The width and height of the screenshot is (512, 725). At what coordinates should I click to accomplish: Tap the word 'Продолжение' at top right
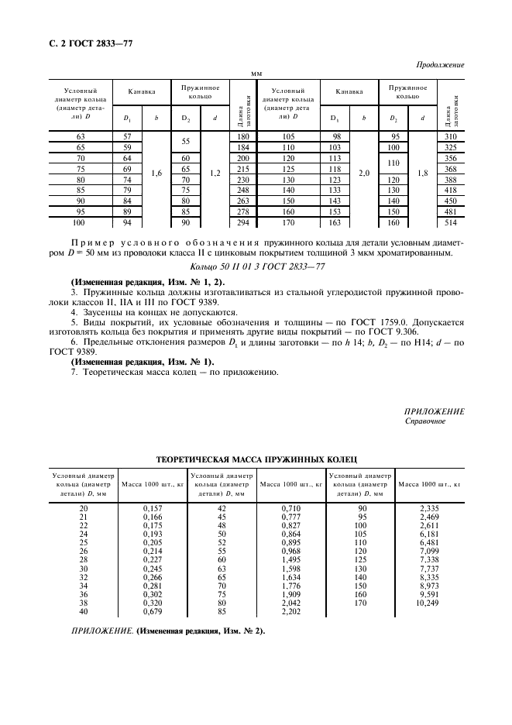440,65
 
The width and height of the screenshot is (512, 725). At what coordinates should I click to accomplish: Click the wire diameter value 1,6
156,174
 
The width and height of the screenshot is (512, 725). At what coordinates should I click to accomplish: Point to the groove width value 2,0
364,174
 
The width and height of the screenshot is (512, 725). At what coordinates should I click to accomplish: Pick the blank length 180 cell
242,136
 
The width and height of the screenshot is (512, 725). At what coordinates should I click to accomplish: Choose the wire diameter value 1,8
423,174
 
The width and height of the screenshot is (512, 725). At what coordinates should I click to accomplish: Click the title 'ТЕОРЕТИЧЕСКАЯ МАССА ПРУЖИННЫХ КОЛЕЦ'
256,459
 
